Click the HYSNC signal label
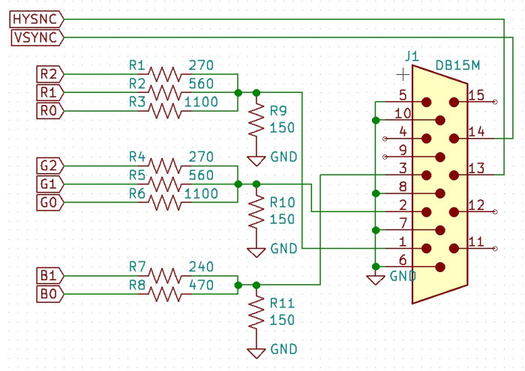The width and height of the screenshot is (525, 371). tap(35, 19)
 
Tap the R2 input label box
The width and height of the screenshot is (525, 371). tap(49, 73)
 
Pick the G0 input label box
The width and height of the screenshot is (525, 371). tap(49, 202)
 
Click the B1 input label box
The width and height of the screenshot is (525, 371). tap(49, 276)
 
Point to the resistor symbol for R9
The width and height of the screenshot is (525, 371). tap(256, 120)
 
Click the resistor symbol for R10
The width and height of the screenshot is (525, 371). tap(256, 211)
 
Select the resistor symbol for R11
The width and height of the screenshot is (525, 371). tap(256, 313)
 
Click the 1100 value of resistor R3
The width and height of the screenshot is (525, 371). tap(203, 102)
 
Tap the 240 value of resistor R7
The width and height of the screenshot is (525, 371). tap(201, 266)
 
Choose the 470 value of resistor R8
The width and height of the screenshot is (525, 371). tap(201, 285)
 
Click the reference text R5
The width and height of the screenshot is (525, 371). tap(137, 175)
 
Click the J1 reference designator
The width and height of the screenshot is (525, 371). tap(412, 56)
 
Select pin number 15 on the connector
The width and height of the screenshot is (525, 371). tap(475, 94)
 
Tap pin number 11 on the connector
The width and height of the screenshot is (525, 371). tap(475, 241)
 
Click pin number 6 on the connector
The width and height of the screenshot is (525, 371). tap(403, 259)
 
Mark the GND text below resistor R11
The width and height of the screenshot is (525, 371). tap(284, 349)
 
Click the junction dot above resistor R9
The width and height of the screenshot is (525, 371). tap(256, 92)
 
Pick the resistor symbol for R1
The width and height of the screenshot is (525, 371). tap(165, 73)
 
